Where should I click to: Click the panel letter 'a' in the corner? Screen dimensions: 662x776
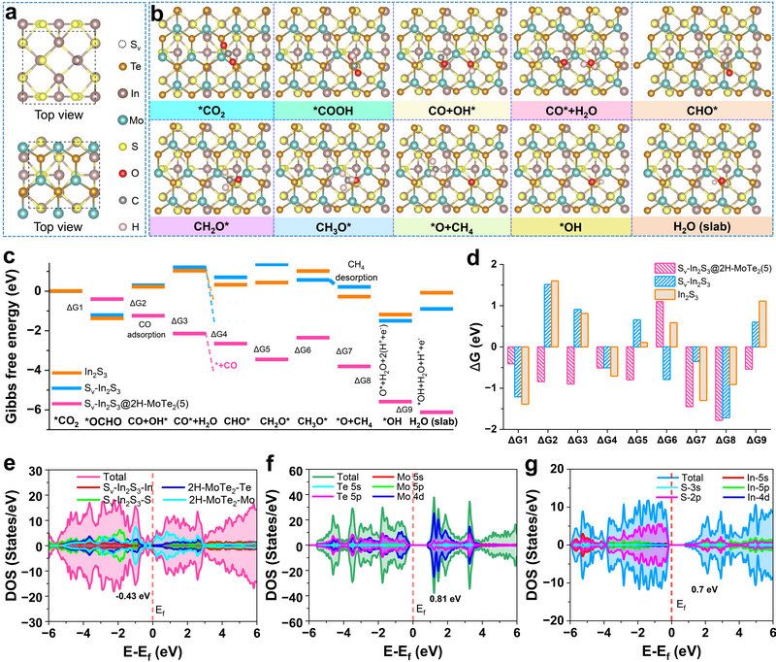[10, 12]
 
